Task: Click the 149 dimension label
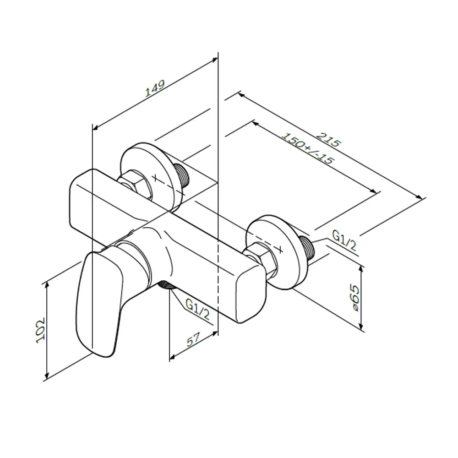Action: pos(155,88)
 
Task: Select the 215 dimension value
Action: pos(329,140)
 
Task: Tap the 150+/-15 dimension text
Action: pos(308,149)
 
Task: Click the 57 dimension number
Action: pos(193,339)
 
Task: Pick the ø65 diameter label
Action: pos(354,298)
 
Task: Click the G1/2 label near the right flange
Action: pos(344,240)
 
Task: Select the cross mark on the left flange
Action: pos(155,178)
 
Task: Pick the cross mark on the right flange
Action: pos(280,250)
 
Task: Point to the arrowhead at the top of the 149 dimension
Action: pos(215,60)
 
